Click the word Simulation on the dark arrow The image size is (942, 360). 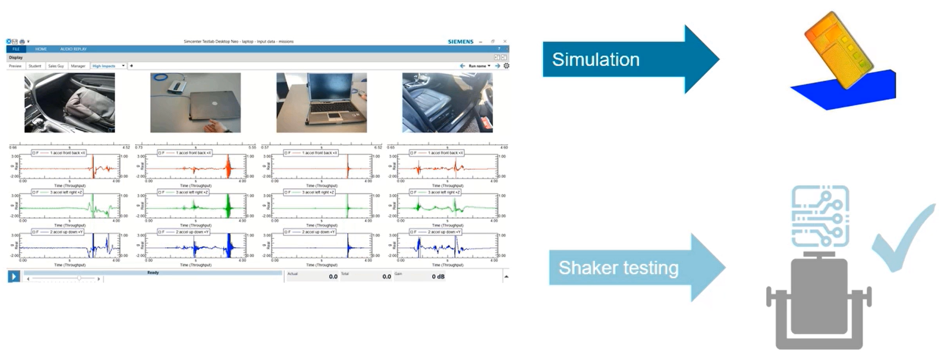[x=596, y=60]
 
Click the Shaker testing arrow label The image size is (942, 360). [x=618, y=268]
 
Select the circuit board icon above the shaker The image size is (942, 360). [x=820, y=215]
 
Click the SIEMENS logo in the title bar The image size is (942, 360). [x=461, y=41]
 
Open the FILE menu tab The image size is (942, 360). [x=16, y=49]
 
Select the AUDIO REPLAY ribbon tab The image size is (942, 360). [x=73, y=49]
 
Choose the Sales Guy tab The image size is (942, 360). [x=56, y=66]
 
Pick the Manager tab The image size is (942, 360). [x=78, y=66]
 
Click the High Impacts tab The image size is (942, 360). [x=104, y=66]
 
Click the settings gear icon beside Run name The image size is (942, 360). [x=506, y=66]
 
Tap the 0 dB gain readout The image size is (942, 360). [x=438, y=276]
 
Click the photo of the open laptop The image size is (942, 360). [x=322, y=102]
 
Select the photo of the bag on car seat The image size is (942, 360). [x=70, y=102]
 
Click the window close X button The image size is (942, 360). [x=505, y=41]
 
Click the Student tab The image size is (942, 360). [x=35, y=66]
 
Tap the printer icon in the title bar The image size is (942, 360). [x=22, y=41]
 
